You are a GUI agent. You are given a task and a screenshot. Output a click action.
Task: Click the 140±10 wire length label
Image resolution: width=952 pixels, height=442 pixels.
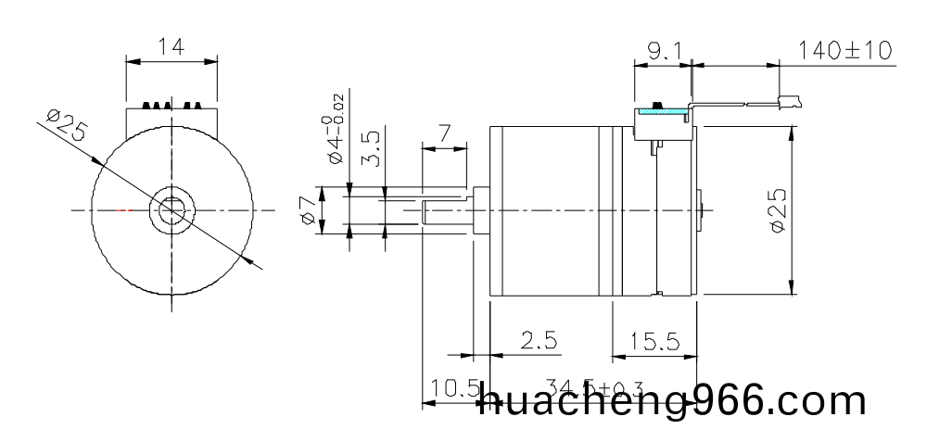point(844,50)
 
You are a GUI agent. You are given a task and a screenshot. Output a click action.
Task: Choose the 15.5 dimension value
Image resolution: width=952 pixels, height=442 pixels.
point(654,342)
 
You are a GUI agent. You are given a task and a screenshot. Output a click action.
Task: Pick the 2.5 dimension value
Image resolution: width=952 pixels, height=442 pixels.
point(539,342)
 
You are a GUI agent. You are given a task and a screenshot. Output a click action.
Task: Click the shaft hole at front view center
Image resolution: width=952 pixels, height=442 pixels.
point(171,211)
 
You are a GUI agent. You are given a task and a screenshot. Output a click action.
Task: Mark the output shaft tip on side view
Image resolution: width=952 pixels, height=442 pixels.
point(426,211)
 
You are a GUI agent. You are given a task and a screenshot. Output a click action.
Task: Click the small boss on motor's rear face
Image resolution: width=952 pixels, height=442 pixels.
point(702,211)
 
